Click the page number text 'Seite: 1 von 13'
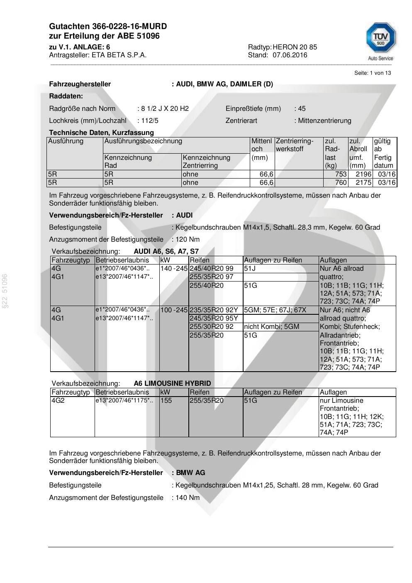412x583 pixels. pyautogui.click(x=372, y=73)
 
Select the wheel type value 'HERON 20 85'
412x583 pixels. pyautogui.click(x=295, y=47)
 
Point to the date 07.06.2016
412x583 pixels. pyautogui.click(x=290, y=55)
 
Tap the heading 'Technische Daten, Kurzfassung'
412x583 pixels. pyautogui.click(x=101, y=133)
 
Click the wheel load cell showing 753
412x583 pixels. pyautogui.click(x=341, y=174)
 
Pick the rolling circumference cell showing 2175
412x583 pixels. pyautogui.click(x=363, y=183)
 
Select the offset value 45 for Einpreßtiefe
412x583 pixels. pyautogui.click(x=302, y=109)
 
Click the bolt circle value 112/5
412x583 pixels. pyautogui.click(x=149, y=121)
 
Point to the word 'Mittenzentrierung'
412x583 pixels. pyautogui.click(x=324, y=121)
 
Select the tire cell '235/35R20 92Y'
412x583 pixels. pyautogui.click(x=214, y=310)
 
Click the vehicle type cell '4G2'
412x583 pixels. pyautogui.click(x=58, y=401)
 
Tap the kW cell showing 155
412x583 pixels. pyautogui.click(x=166, y=401)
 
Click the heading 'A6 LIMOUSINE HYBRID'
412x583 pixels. pyautogui.click(x=172, y=384)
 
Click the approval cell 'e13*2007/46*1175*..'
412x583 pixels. pyautogui.click(x=124, y=401)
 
